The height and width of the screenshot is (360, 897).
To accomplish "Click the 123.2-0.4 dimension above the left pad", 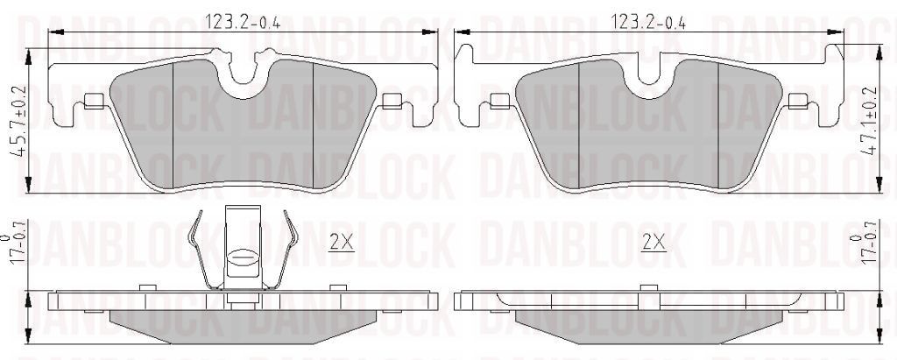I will (242, 22).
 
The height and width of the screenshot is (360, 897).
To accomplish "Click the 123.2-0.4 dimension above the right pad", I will (646, 20).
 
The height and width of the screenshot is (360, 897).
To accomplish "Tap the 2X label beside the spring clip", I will (341, 242).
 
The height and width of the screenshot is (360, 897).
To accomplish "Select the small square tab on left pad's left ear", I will (91, 99).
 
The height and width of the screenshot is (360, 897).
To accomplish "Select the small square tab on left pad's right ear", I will (391, 99).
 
